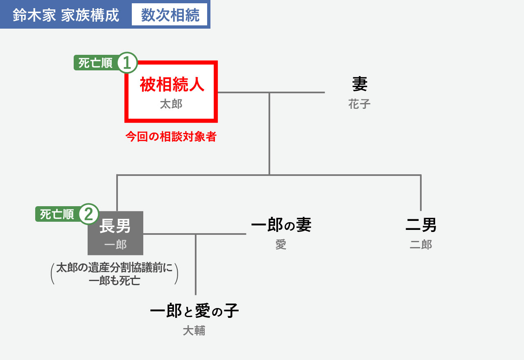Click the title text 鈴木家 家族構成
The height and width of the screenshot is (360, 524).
[66, 15]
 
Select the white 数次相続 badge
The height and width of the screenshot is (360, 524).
[169, 14]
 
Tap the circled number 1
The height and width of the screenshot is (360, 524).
[127, 63]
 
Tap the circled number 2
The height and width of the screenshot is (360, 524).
[89, 214]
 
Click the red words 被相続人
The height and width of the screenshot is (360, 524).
[172, 84]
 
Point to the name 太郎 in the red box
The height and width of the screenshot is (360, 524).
[171, 104]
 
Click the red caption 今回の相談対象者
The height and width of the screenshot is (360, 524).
[171, 137]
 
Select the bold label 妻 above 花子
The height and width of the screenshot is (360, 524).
[359, 84]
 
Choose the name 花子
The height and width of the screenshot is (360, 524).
[359, 104]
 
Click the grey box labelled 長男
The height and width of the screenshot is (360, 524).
[115, 233]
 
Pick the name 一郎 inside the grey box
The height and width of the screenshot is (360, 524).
[115, 245]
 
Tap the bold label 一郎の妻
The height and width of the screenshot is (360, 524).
[281, 225]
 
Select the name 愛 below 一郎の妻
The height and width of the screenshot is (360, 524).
[281, 245]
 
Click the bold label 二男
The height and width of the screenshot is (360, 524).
[421, 225]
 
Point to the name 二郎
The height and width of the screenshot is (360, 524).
[421, 245]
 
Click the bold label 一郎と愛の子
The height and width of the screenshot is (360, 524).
[194, 310]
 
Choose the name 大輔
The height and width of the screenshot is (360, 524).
[194, 331]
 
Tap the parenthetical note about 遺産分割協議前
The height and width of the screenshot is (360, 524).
[114, 274]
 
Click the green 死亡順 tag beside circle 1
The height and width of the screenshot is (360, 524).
[95, 63]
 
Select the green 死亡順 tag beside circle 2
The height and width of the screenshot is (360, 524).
[57, 214]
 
